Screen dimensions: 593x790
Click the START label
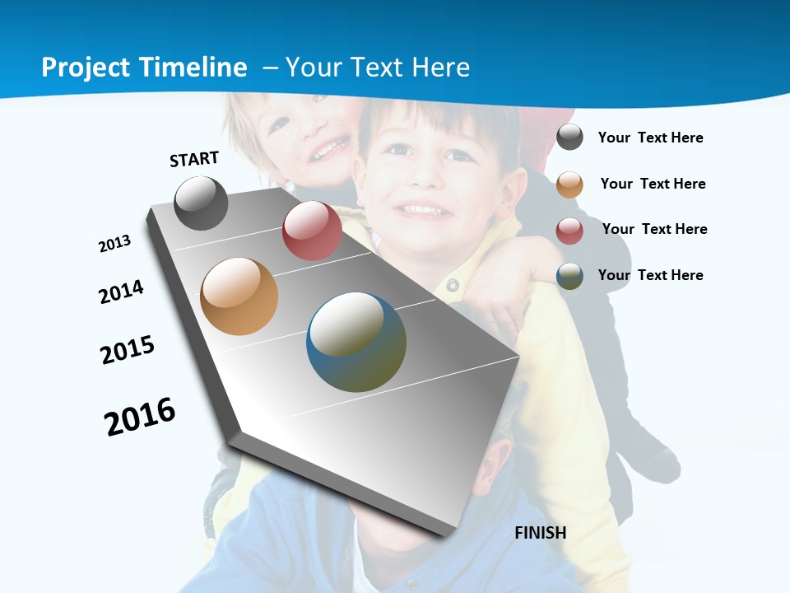194,159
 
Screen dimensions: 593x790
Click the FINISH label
541,533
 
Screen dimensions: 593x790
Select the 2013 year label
115,244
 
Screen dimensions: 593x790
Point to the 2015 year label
128,349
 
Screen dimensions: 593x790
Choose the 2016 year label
140,417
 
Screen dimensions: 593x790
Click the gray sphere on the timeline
201,203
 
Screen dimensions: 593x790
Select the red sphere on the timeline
312,231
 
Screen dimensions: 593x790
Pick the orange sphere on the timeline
239,296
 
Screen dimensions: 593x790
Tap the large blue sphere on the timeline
355,342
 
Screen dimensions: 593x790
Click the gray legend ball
569,137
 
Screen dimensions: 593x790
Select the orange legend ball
569,184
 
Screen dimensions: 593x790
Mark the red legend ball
569,231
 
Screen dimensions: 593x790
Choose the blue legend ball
569,276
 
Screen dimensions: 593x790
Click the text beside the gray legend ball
650,138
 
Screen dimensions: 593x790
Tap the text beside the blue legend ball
650,275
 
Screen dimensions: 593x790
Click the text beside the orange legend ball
653,184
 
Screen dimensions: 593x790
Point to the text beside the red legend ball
654,229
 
